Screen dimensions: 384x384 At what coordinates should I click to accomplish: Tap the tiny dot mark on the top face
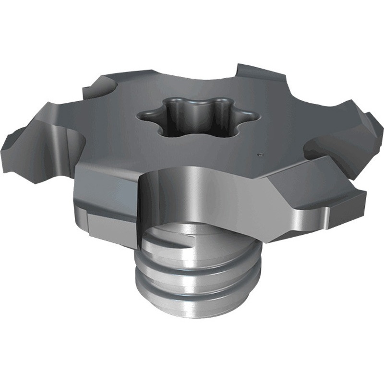[x=260, y=155]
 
